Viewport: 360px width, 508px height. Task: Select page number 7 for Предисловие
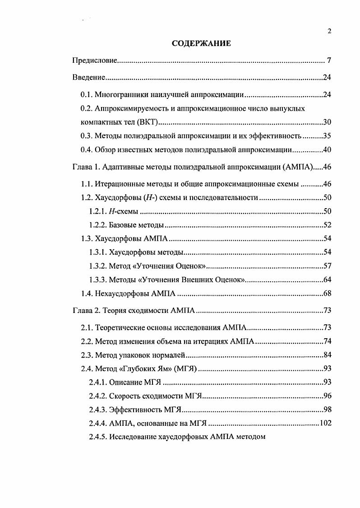329,60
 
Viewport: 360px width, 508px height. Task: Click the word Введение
89,78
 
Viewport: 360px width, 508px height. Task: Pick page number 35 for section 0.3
328,136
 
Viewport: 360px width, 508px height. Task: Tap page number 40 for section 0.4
328,150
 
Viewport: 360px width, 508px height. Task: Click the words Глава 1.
86,167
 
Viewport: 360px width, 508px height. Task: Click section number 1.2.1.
98,211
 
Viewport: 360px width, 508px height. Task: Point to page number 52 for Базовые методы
328,225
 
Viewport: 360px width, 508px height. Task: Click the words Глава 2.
86,311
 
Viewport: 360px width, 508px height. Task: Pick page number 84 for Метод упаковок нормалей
328,355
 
